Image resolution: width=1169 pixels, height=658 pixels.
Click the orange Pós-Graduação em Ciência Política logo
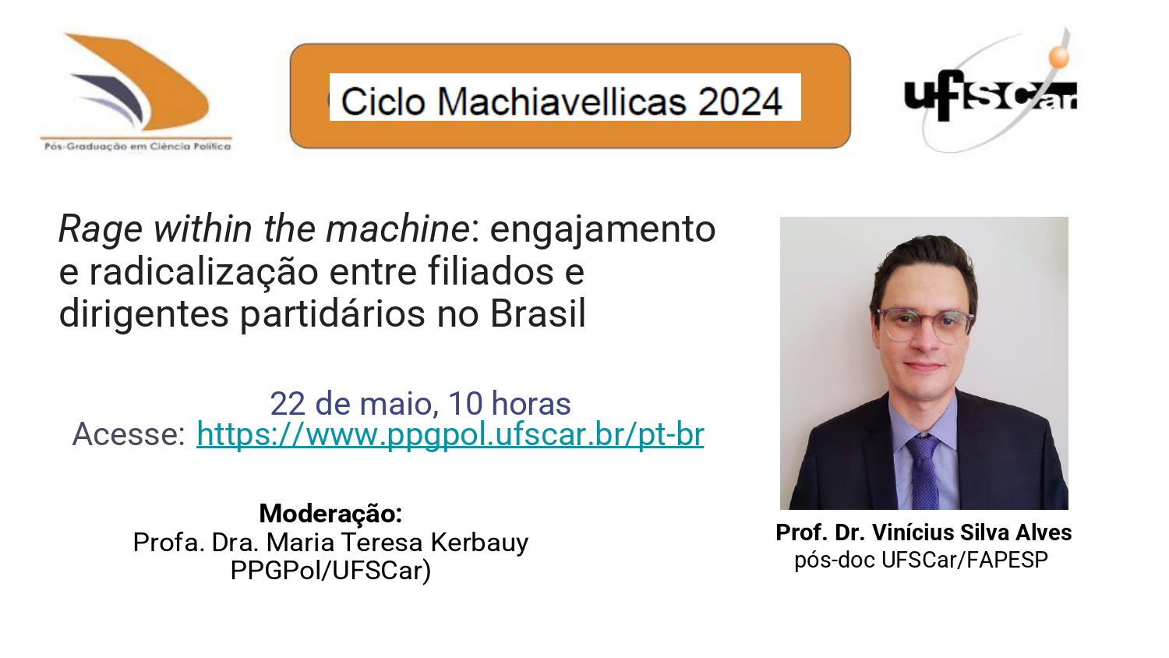(x=136, y=92)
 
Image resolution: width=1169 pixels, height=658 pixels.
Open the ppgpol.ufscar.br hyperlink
(x=450, y=434)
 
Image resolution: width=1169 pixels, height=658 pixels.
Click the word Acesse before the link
(x=129, y=434)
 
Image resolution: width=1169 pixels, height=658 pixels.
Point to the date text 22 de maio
(x=351, y=404)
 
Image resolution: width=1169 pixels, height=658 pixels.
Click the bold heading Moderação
(x=331, y=513)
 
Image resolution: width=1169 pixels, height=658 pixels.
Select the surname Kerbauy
(x=479, y=543)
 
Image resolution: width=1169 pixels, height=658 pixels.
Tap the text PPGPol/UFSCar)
(x=331, y=570)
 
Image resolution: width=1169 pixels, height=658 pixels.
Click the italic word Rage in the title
(x=101, y=230)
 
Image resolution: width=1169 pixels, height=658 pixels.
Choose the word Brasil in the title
(x=538, y=314)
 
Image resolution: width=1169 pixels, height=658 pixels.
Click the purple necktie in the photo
(x=924, y=470)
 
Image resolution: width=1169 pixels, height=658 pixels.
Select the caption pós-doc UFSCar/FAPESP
(x=921, y=560)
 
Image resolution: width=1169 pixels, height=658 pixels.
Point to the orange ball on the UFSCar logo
(x=1059, y=57)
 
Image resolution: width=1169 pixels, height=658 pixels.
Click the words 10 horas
(x=510, y=404)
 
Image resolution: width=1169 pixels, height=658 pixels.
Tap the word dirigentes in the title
(x=144, y=314)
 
